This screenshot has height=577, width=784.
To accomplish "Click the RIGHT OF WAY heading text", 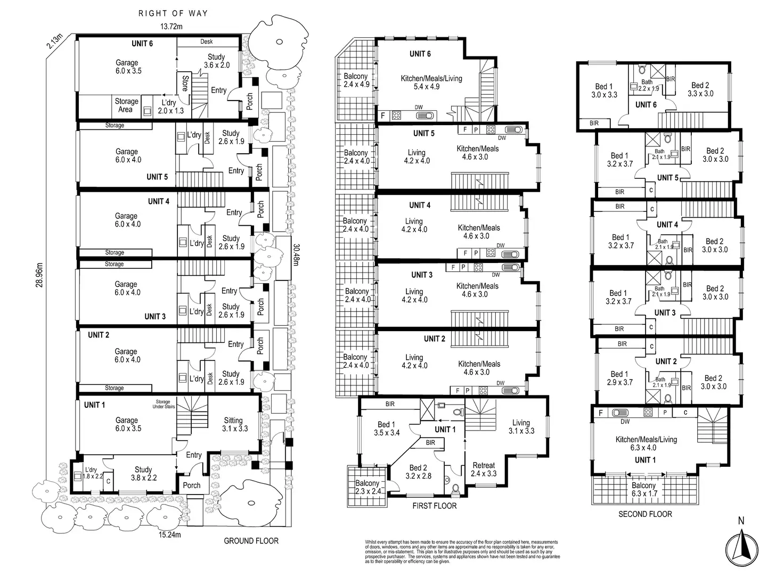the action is pyautogui.click(x=173, y=13).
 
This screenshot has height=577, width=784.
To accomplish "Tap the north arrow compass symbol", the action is pyautogui.click(x=740, y=547).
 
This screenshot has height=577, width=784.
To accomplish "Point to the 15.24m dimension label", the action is pyautogui.click(x=170, y=534).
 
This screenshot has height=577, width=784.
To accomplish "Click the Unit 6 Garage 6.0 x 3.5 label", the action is pyautogui.click(x=127, y=67).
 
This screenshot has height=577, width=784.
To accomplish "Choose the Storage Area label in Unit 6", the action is pyautogui.click(x=126, y=105).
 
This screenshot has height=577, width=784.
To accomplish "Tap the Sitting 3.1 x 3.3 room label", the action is pyautogui.click(x=233, y=424).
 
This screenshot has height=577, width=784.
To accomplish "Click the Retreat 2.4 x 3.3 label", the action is pyautogui.click(x=484, y=469).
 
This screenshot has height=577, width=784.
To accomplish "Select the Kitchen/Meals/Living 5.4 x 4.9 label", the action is pyautogui.click(x=431, y=83).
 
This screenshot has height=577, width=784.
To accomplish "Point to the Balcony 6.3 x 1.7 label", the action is pyautogui.click(x=643, y=489).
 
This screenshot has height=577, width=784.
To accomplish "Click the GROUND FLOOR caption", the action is pyautogui.click(x=251, y=541).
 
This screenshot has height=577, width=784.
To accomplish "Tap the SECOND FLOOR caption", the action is pyautogui.click(x=645, y=514).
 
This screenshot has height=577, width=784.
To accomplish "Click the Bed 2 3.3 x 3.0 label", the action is pyautogui.click(x=700, y=89).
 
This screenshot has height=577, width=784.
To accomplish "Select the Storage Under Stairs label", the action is pyautogui.click(x=163, y=405).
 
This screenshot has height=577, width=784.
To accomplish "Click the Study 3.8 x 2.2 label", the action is pyautogui.click(x=143, y=473).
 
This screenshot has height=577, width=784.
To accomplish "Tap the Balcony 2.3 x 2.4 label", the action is pyautogui.click(x=367, y=487).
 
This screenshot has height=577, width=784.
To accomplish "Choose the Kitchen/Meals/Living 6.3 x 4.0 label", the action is pyautogui.click(x=646, y=443).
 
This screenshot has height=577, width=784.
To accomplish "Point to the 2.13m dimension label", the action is pyautogui.click(x=54, y=41).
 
